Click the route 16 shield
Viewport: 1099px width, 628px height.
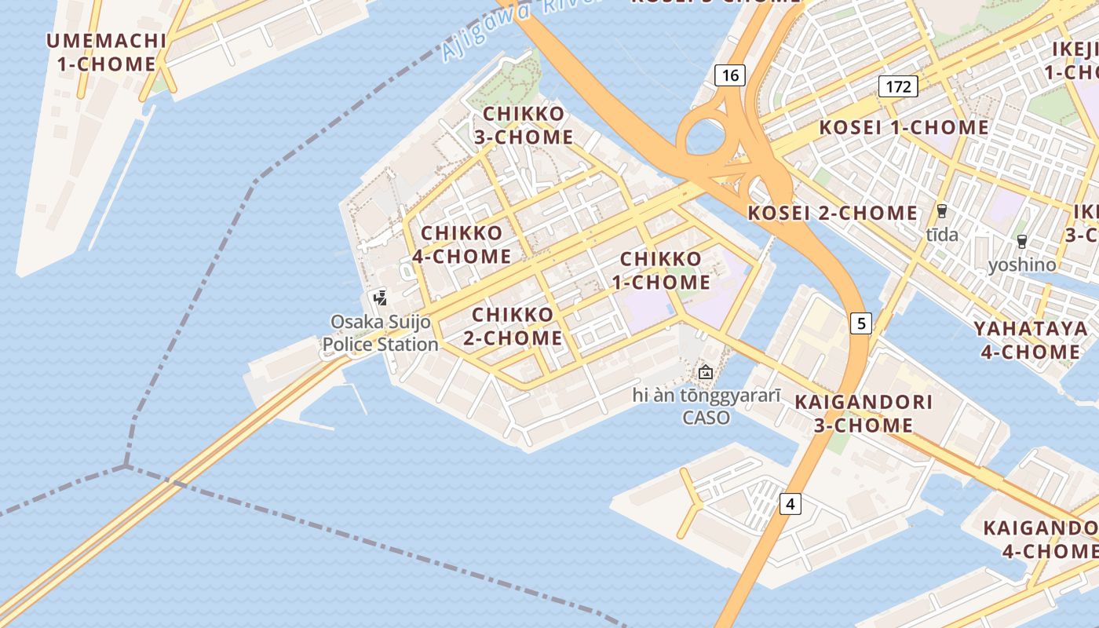[730, 75]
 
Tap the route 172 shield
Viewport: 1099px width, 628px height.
[898, 86]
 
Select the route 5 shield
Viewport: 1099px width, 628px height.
[861, 323]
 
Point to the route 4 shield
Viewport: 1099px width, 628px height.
[790, 504]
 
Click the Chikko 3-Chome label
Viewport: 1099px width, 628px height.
[524, 126]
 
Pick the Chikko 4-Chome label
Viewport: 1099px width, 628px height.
[462, 245]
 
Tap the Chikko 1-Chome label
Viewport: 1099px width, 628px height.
[666, 270]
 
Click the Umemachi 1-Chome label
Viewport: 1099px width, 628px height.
[107, 53]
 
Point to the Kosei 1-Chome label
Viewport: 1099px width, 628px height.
[904, 128]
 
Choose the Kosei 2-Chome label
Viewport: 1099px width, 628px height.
[832, 214]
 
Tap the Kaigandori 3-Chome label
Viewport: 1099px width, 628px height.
[863, 414]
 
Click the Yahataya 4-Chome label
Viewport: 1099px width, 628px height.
[1031, 340]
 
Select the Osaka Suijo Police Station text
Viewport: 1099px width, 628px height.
[381, 333]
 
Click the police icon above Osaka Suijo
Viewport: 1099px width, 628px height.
[381, 298]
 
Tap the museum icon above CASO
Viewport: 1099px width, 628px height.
[706, 372]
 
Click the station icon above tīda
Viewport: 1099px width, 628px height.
[942, 211]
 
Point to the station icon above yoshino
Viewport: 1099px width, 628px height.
[1022, 242]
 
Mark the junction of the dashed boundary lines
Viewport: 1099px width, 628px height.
[126, 466]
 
